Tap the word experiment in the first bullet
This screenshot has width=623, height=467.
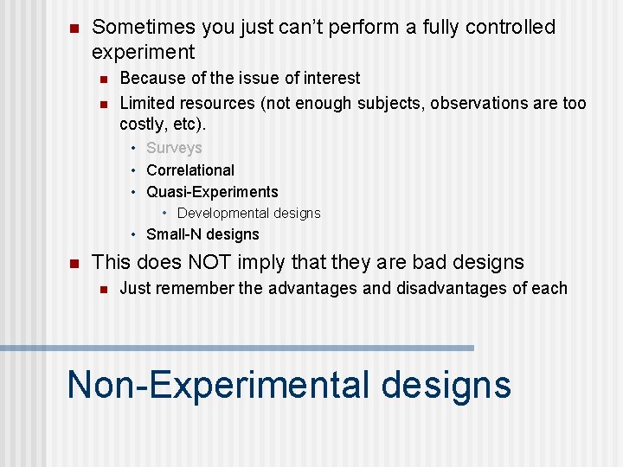(x=143, y=52)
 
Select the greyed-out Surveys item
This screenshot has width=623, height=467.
(x=174, y=148)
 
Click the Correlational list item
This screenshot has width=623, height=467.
(x=190, y=170)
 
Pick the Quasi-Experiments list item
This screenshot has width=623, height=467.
(x=212, y=192)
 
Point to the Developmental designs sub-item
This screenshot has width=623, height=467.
(x=248, y=213)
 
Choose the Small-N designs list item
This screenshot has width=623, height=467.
(x=202, y=234)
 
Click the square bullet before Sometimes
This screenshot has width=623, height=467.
(x=74, y=29)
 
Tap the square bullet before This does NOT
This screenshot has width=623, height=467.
(x=74, y=263)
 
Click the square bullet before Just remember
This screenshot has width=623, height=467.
(x=102, y=289)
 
